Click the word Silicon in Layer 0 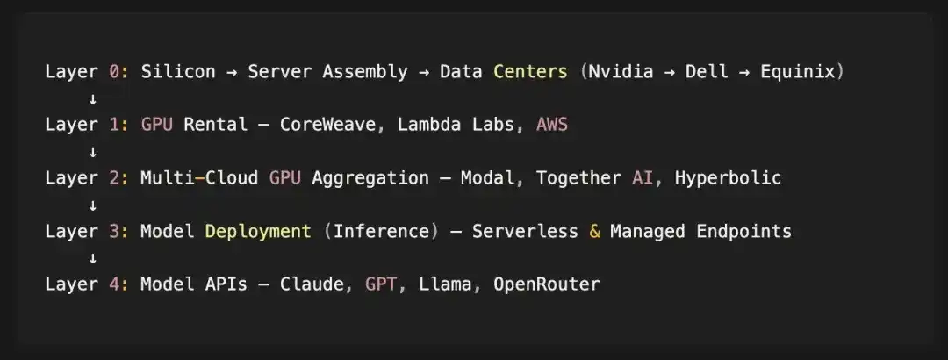point(178,71)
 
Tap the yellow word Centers point(531,71)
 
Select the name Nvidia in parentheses point(621,71)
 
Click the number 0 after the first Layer point(114,71)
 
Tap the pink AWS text point(552,125)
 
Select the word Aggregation point(370,178)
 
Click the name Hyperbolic point(728,178)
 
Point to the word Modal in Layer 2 point(488,178)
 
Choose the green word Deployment point(258,232)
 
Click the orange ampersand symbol point(595,231)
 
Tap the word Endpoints point(743,231)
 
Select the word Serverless point(525,231)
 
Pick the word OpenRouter point(547,284)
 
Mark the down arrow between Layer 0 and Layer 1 point(93,98)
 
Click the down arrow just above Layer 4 point(93,258)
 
